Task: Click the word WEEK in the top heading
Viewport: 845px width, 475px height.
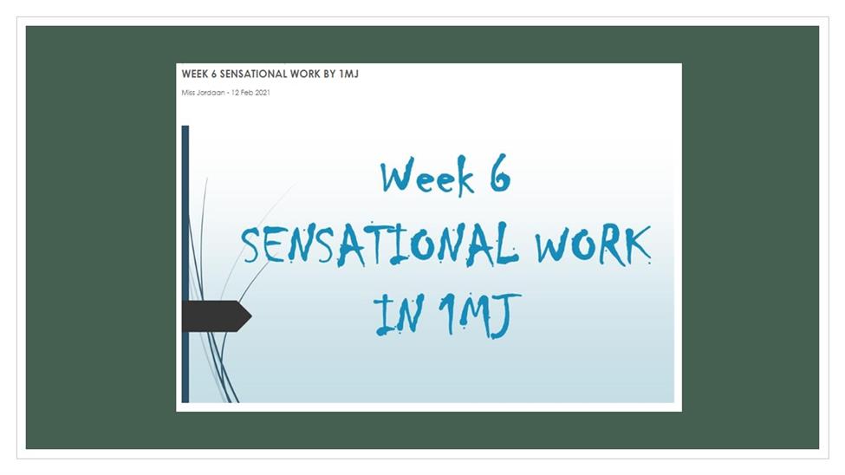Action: pyautogui.click(x=194, y=74)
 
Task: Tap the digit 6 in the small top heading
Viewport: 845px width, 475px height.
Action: pyautogui.click(x=213, y=74)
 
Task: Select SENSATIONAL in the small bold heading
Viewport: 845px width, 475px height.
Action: pyautogui.click(x=254, y=74)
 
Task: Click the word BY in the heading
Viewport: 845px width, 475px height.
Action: pyautogui.click(x=329, y=74)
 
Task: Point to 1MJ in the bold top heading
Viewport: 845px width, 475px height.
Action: pyautogui.click(x=348, y=74)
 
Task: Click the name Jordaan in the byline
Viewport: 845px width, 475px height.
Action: pyautogui.click(x=211, y=93)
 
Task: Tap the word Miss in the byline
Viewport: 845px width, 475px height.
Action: pyautogui.click(x=188, y=93)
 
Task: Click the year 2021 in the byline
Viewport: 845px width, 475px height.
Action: pyautogui.click(x=263, y=93)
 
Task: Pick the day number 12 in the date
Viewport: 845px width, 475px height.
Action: pyautogui.click(x=235, y=93)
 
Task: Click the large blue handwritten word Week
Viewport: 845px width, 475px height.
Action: pyautogui.click(x=427, y=176)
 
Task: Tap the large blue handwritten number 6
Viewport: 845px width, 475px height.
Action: pyautogui.click(x=499, y=173)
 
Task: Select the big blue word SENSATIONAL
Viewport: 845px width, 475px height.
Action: pyautogui.click(x=380, y=244)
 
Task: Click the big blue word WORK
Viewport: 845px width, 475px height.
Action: pyautogui.click(x=592, y=245)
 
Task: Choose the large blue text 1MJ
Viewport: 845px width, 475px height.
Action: pyautogui.click(x=479, y=315)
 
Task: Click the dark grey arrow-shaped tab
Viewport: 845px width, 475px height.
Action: pyautogui.click(x=217, y=316)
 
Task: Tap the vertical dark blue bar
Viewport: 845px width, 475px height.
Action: pyautogui.click(x=185, y=264)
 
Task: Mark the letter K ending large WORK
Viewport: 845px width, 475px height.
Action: pyautogui.click(x=636, y=245)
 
